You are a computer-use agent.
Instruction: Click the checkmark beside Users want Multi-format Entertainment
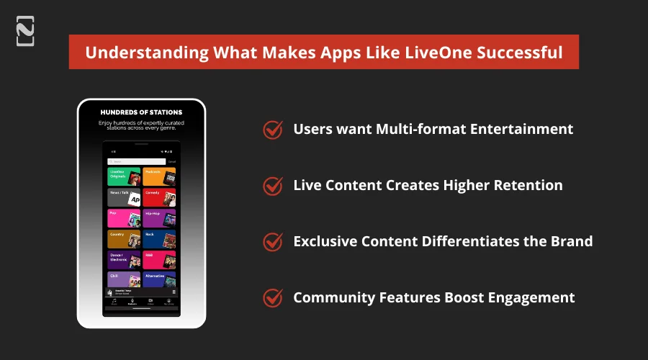272,130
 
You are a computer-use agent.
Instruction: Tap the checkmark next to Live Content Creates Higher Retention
272,186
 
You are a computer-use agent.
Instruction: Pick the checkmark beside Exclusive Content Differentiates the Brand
272,241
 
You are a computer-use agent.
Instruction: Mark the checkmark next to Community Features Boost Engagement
272,297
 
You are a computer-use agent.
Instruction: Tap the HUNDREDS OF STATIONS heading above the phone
141,112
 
